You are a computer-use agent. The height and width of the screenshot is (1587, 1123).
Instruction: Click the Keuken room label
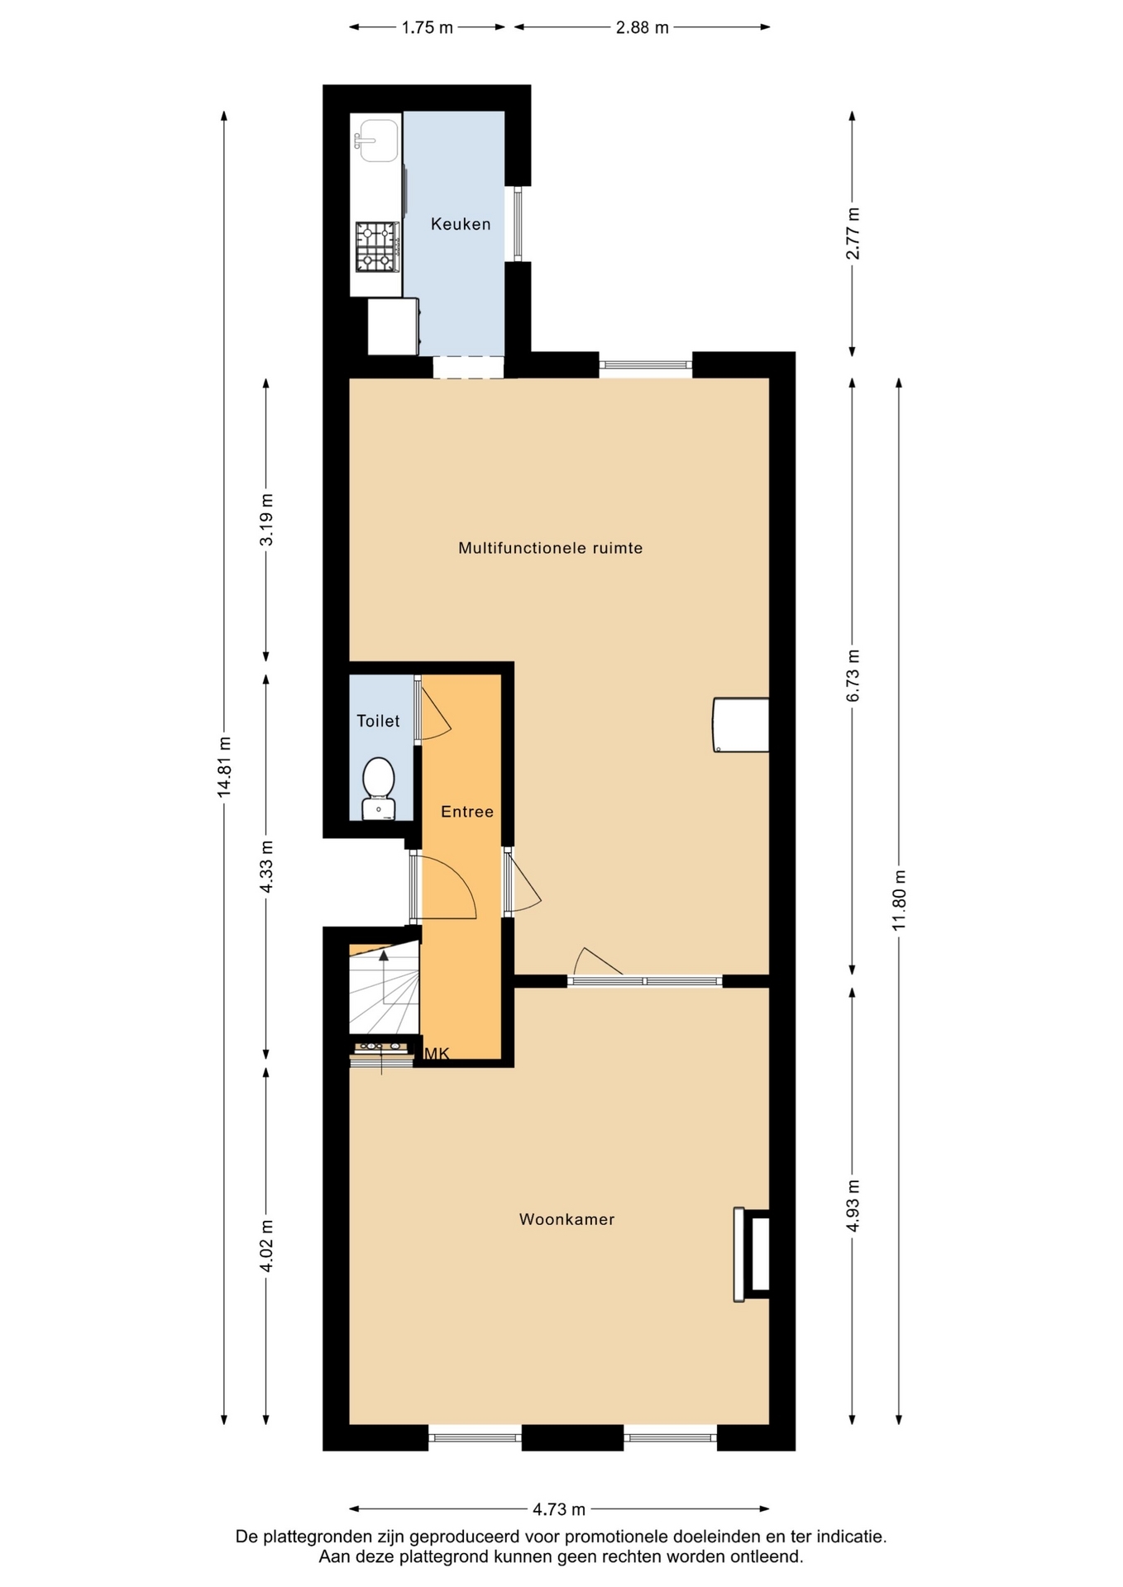pyautogui.click(x=461, y=224)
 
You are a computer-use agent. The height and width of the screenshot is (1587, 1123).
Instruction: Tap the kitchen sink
pyautogui.click(x=376, y=141)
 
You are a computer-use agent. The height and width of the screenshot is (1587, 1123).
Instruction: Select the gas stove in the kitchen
pyautogui.click(x=378, y=247)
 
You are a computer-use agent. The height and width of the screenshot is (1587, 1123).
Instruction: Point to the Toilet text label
pyautogui.click(x=378, y=721)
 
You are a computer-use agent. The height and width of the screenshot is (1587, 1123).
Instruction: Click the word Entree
pyautogui.click(x=467, y=812)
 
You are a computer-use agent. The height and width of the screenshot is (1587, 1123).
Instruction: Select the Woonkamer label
pyautogui.click(x=567, y=1219)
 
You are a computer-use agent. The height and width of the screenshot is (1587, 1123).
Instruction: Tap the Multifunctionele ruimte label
pyautogui.click(x=551, y=548)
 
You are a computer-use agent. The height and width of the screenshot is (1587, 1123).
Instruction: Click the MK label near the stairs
pyautogui.click(x=437, y=1053)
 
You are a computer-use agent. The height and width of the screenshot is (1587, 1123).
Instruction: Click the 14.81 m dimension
pyautogui.click(x=224, y=766)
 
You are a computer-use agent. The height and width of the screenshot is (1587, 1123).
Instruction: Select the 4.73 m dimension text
pyautogui.click(x=559, y=1509)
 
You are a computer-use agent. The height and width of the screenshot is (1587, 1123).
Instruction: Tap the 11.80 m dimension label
pyautogui.click(x=899, y=900)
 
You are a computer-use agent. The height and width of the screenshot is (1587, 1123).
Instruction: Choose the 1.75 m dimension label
pyautogui.click(x=428, y=27)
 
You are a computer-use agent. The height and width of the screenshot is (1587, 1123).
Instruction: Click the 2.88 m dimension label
pyautogui.click(x=643, y=27)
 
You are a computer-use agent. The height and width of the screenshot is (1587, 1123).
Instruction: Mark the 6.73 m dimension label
pyautogui.click(x=853, y=676)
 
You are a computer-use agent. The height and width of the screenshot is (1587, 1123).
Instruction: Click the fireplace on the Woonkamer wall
pyautogui.click(x=752, y=1255)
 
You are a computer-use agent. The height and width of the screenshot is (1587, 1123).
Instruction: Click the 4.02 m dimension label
pyautogui.click(x=266, y=1247)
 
